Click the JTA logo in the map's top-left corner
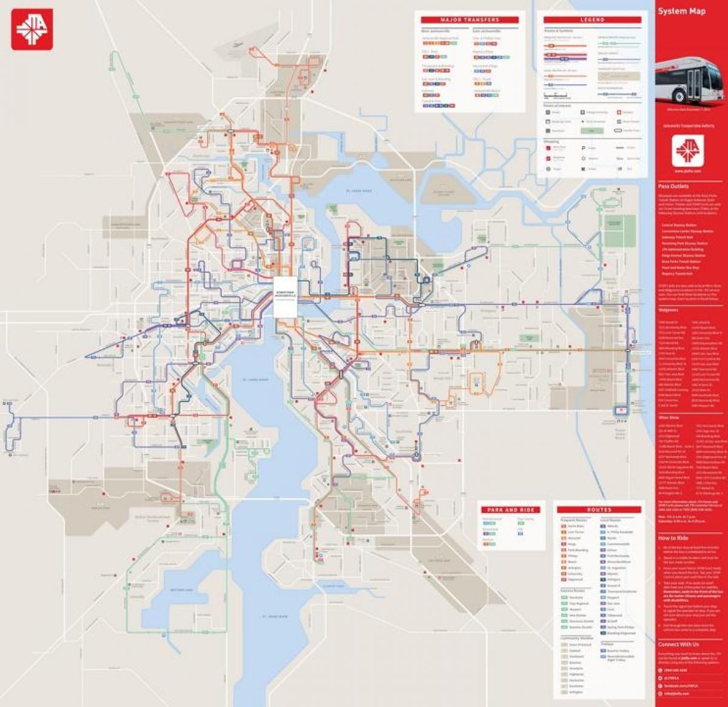(x=32, y=29)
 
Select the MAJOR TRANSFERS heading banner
(x=470, y=20)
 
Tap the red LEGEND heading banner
(x=592, y=20)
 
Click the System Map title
(x=681, y=11)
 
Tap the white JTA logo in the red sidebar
(x=687, y=150)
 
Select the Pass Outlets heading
(x=673, y=187)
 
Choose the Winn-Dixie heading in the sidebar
(x=669, y=418)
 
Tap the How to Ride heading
(x=673, y=538)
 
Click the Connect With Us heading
(x=678, y=645)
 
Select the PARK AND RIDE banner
(x=511, y=510)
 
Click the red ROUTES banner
(x=599, y=510)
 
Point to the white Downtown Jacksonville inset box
(x=285, y=297)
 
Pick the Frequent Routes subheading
(x=573, y=520)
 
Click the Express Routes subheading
(x=573, y=591)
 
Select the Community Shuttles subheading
(x=576, y=638)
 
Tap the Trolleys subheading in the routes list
(x=607, y=644)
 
